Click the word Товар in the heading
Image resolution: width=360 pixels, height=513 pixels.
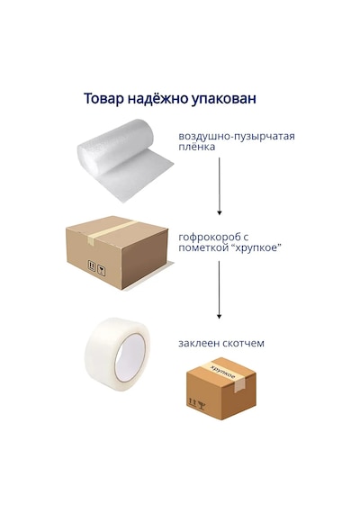103,98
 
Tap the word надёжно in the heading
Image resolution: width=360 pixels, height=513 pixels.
157,98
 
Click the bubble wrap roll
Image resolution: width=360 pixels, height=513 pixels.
125,159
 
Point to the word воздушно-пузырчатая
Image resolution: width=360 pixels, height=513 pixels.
237,137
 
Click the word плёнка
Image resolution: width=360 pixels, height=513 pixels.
197,147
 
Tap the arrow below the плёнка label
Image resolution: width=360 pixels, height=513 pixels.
220,186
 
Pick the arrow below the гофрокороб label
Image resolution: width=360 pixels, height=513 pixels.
220,290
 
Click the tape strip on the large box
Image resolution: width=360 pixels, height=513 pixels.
111,231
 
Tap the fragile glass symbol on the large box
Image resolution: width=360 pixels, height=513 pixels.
102,271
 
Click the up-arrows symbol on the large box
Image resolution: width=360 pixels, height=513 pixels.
92,265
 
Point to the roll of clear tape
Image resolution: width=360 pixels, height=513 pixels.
118,355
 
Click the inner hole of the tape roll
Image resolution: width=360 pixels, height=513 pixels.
130,357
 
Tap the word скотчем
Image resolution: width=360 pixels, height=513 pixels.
243,343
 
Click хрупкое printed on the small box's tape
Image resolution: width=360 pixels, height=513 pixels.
223,372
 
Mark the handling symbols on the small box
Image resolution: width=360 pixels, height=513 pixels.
197,404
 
